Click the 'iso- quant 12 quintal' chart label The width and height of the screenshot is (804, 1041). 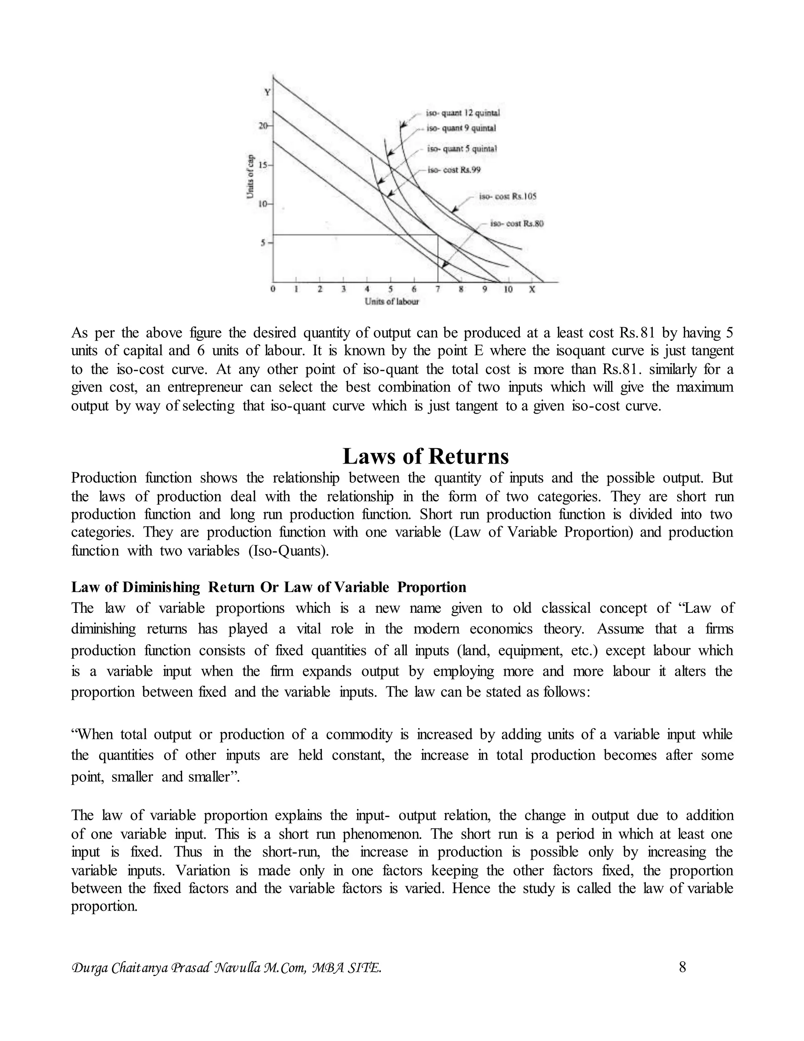coord(462,114)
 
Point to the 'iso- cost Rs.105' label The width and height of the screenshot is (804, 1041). coord(508,196)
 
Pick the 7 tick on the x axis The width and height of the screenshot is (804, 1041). coord(437,290)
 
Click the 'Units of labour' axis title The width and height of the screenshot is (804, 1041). coord(391,302)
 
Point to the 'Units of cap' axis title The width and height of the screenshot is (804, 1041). coord(250,176)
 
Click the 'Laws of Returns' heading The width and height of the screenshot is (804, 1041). coord(425,456)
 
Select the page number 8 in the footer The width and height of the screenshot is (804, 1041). coord(682,967)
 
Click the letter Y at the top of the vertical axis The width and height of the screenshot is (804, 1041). coord(267,92)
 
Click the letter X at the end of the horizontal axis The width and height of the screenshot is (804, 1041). coord(532,290)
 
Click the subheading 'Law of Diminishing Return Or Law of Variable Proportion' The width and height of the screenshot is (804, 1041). coord(269,587)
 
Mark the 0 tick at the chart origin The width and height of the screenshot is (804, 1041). coord(272,290)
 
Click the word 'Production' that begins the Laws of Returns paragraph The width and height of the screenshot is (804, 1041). coord(103,478)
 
